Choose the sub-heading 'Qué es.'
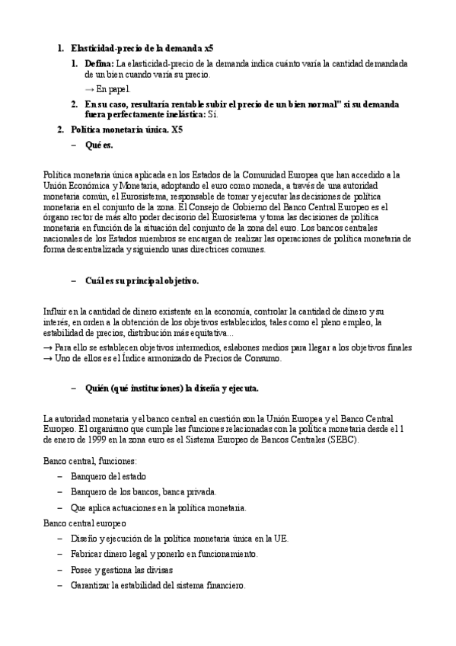click(100, 144)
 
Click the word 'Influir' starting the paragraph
click(56, 312)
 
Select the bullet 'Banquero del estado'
click(110, 476)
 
